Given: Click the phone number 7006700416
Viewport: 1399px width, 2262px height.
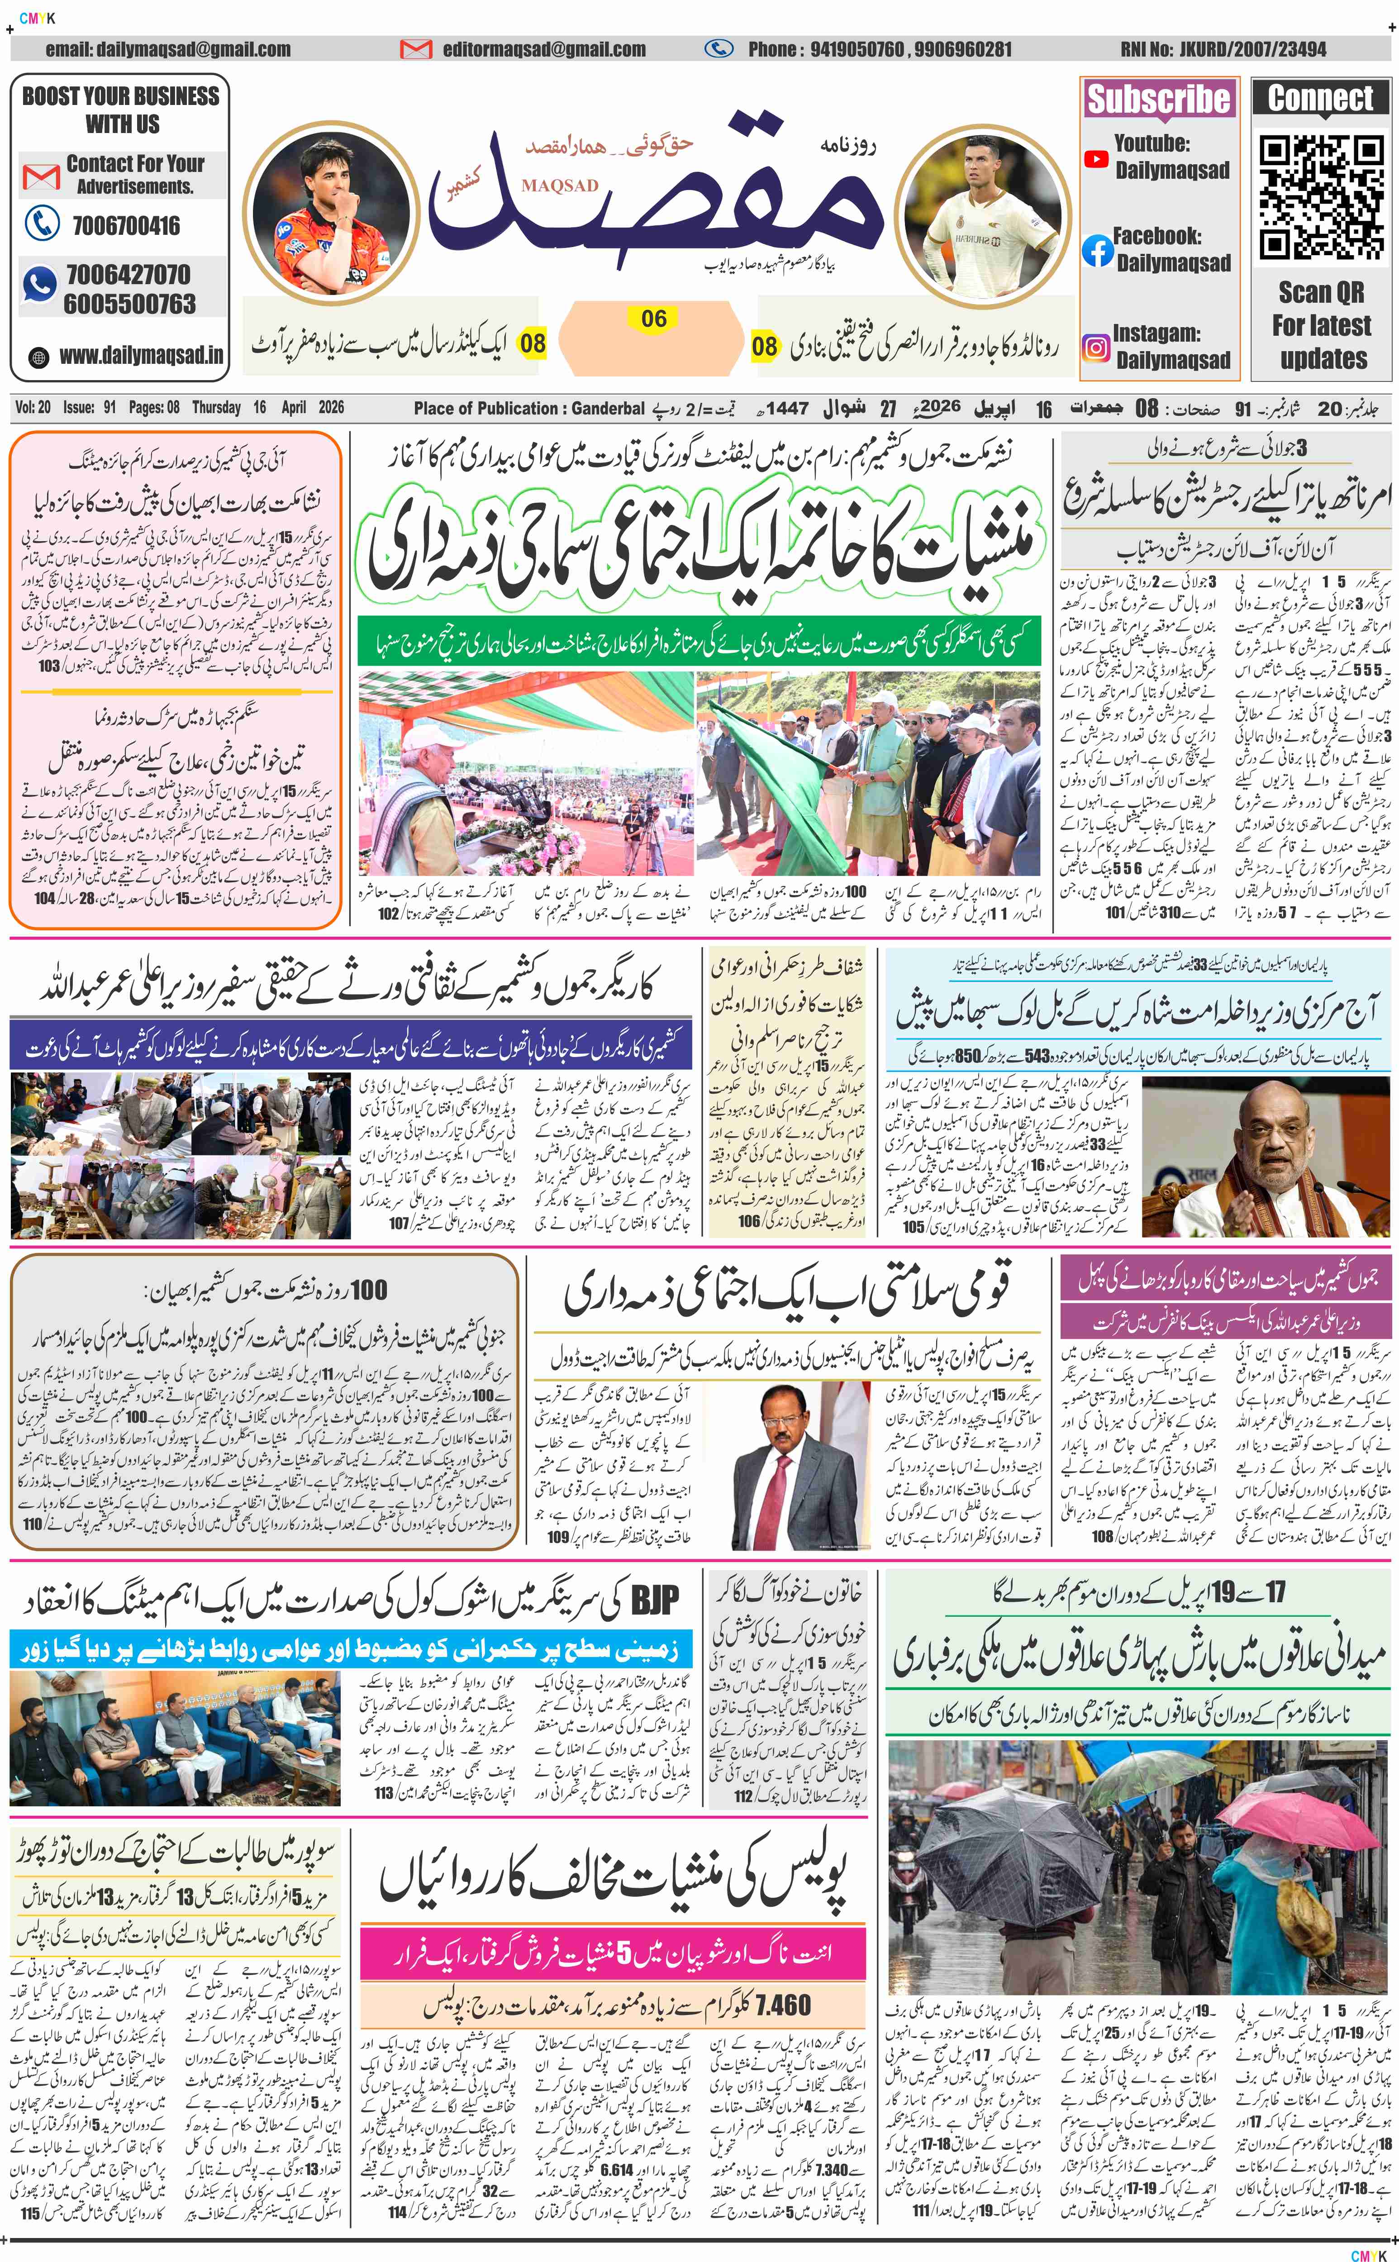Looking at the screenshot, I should click(126, 226).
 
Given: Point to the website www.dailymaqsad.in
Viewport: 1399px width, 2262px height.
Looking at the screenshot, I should click(141, 355).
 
